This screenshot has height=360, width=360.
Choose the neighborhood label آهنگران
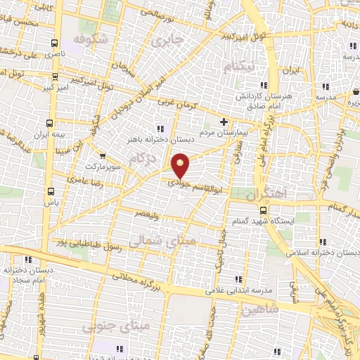[264, 192]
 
